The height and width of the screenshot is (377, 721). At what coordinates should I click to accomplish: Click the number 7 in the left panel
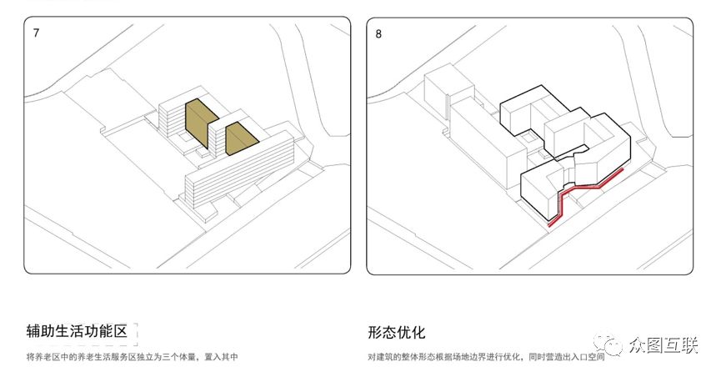[36, 33]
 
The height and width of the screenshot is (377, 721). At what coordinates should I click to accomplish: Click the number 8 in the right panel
[378, 33]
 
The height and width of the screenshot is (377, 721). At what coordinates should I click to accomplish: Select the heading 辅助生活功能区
[77, 331]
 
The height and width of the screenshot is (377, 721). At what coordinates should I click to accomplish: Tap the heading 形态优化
[397, 332]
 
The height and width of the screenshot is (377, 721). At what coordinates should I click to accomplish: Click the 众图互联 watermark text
[664, 344]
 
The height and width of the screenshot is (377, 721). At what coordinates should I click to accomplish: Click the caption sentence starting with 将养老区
[132, 356]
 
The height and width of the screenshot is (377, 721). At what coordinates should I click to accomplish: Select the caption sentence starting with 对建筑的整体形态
[486, 357]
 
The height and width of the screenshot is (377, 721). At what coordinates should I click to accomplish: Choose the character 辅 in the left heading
[33, 331]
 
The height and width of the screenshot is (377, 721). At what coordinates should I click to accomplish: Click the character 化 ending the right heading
[418, 332]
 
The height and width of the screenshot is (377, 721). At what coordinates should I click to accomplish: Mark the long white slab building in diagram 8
[488, 143]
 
